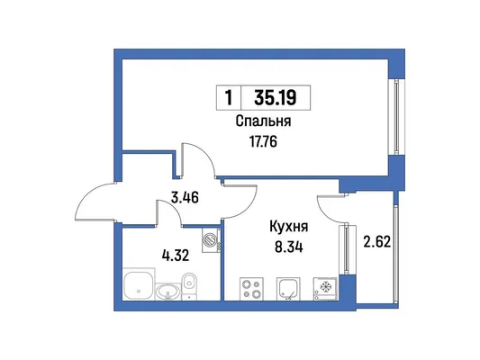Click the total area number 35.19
[x=276, y=98]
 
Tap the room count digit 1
[x=229, y=98]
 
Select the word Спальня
[x=263, y=121]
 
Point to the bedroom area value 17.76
[x=263, y=141]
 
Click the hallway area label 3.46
[x=185, y=197]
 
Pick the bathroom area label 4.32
[x=175, y=256]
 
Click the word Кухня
[x=289, y=227]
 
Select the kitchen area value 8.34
[x=289, y=247]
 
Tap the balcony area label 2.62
[x=376, y=242]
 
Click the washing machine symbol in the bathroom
[x=212, y=239]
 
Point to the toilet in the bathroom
[x=189, y=285]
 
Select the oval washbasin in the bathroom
[x=168, y=292]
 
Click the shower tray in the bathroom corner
[x=139, y=284]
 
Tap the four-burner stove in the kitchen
[x=251, y=289]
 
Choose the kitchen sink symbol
[x=288, y=289]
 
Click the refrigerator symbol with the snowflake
[x=325, y=289]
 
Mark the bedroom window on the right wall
[x=396, y=116]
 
